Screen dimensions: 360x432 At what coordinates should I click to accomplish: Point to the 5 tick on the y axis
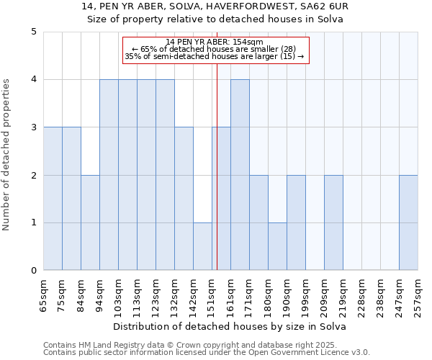pos(34,32)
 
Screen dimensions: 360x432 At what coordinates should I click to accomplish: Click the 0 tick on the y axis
pos(34,271)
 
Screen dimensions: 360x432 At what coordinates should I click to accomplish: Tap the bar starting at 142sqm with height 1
pos(202,247)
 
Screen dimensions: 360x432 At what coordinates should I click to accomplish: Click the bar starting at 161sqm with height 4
pos(240,175)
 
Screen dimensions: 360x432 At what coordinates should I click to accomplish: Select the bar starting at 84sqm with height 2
pos(90,223)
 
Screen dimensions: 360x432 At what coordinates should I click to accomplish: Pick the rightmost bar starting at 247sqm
pos(408,223)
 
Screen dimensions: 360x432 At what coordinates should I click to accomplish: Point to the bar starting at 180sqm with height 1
pos(277,247)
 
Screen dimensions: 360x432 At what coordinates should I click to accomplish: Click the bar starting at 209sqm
pos(333,223)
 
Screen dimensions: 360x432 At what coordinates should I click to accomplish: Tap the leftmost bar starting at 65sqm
pos(53,199)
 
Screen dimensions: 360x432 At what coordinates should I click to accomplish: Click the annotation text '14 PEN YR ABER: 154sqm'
pos(215,42)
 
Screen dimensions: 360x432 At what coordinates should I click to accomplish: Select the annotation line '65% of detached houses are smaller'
pos(215,49)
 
